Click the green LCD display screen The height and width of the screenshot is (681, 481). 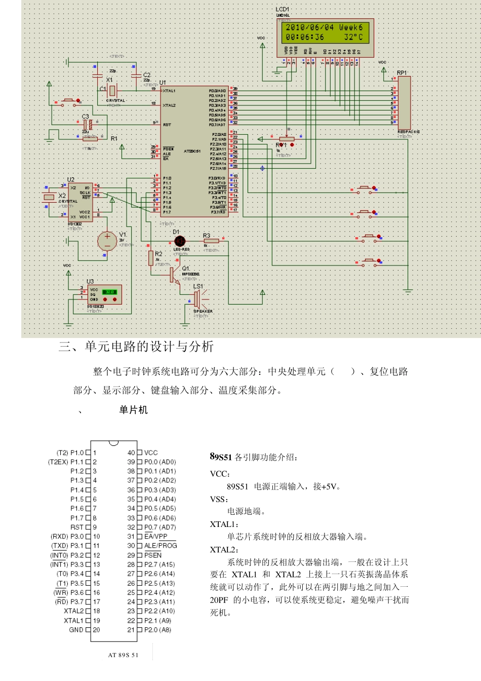[325, 32]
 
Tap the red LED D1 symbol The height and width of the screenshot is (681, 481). [180, 241]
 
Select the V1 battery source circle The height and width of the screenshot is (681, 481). [107, 241]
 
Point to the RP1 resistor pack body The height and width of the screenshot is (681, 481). [404, 103]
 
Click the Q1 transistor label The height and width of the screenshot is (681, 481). [186, 269]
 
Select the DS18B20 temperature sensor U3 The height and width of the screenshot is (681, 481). [104, 294]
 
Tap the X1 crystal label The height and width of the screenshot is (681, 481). [109, 80]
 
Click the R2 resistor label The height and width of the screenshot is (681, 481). [159, 254]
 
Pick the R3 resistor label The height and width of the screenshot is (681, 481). [207, 236]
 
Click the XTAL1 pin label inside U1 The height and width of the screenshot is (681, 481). [169, 91]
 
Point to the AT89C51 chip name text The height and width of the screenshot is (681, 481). [192, 151]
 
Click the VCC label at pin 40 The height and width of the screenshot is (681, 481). [151, 452]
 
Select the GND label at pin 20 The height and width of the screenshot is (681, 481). [76, 630]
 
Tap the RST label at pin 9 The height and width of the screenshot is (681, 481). [77, 527]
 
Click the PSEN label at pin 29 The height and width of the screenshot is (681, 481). [153, 555]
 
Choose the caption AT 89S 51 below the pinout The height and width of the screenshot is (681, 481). [123, 655]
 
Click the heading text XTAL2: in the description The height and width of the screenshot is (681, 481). [224, 550]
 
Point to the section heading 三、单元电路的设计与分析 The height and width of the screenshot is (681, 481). [136, 347]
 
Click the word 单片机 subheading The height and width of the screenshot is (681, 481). [134, 410]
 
